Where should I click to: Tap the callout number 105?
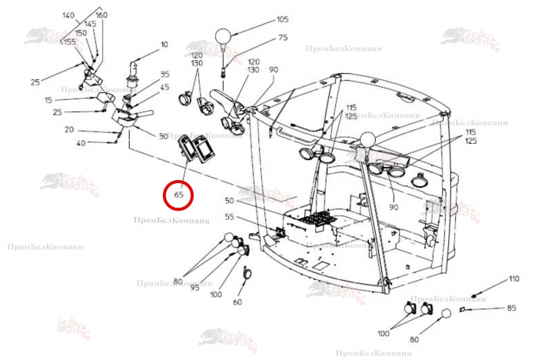click(282, 19)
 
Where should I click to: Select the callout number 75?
click(282, 38)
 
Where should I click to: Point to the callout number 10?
click(164, 44)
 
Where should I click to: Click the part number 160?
click(101, 15)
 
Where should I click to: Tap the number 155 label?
click(69, 42)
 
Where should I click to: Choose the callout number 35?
click(164, 75)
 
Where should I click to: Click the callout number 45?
click(164, 87)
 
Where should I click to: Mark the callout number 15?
click(48, 100)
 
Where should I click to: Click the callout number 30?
click(162, 136)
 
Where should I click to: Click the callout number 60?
click(237, 302)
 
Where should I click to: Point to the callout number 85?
click(511, 309)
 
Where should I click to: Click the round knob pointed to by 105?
click(224, 36)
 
